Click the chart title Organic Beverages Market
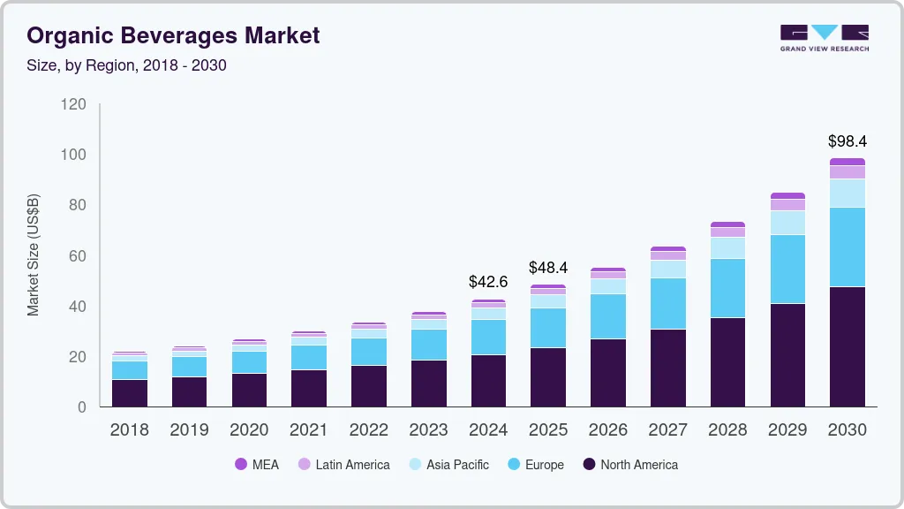click(173, 35)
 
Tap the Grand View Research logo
click(824, 37)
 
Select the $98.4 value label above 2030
click(847, 141)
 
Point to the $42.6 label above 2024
click(488, 283)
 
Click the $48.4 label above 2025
click(548, 267)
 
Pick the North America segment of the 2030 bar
click(847, 346)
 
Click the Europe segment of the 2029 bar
click(787, 269)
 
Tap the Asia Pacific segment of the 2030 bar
click(847, 193)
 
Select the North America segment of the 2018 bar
click(129, 393)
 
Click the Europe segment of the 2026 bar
click(607, 316)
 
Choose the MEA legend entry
click(256, 465)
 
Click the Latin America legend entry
click(343, 465)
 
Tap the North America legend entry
click(630, 465)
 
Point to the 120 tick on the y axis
click(73, 104)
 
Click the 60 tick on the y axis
click(78, 256)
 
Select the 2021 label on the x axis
click(309, 430)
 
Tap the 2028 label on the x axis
click(727, 430)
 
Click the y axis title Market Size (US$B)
click(34, 254)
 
